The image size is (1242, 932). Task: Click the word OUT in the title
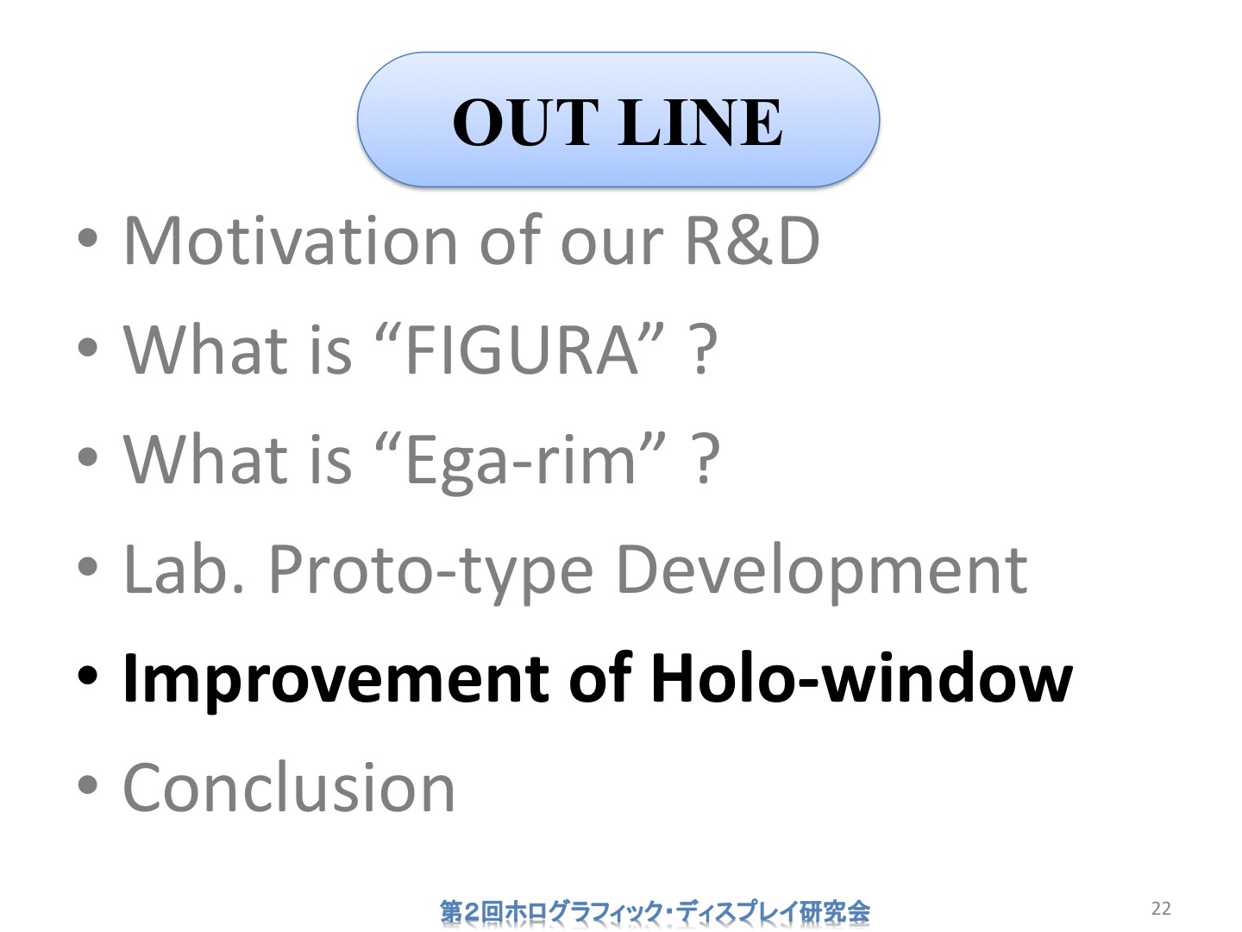pos(525,122)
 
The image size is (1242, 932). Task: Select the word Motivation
pos(291,241)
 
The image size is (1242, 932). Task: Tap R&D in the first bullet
pos(753,241)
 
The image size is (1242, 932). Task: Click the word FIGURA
pos(523,349)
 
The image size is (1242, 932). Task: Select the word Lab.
pos(184,569)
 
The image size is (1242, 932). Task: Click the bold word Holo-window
pos(861,677)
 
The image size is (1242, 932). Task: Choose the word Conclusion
pos(289,787)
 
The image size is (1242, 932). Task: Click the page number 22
pos(1161,908)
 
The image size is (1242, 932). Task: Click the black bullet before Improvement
pos(88,676)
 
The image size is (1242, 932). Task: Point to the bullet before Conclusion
pos(88,785)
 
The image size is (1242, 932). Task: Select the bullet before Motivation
pos(88,238)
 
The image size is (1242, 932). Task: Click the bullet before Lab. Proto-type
pos(88,566)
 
